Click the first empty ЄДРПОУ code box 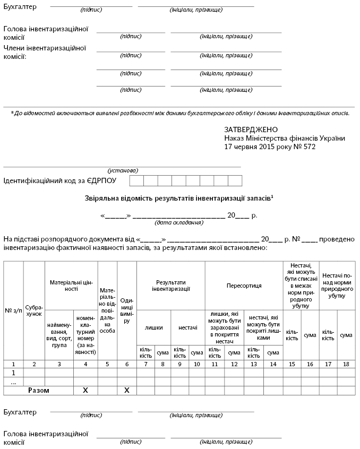click(x=136, y=180)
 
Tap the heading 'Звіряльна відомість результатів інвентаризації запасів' click(x=178, y=198)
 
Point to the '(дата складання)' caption click(x=178, y=223)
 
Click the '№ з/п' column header click(x=13, y=310)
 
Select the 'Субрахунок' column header click(x=34, y=310)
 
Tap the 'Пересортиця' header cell click(x=244, y=286)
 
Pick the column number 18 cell click(x=346, y=364)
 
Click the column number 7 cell click(x=145, y=364)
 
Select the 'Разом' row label click(x=39, y=391)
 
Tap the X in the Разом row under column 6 click(x=127, y=391)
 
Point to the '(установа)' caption click(x=123, y=170)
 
